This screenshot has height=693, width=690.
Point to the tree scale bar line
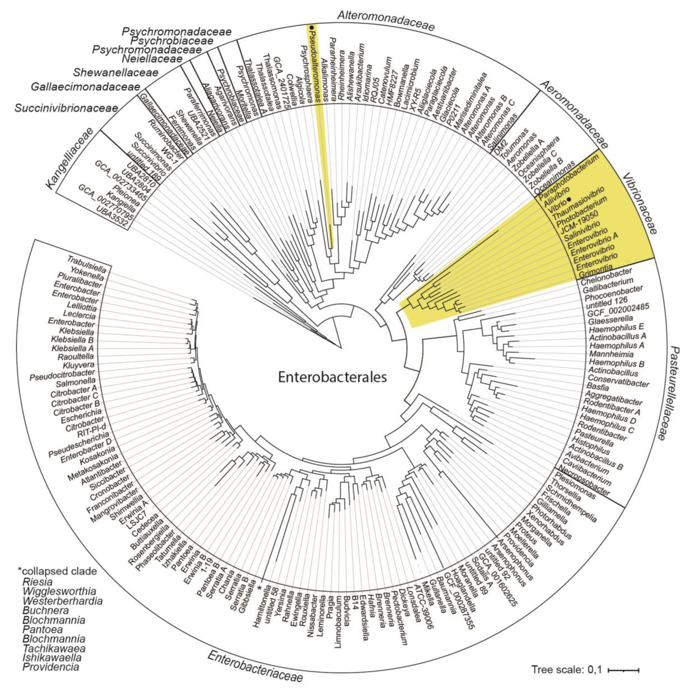coord(624,669)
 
